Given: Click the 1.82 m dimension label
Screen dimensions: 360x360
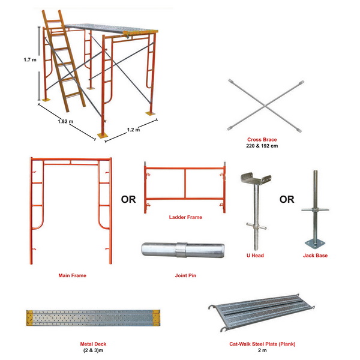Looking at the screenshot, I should pyautogui.click(x=65, y=121).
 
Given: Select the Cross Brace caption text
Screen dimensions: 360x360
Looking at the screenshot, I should pyautogui.click(x=262, y=139).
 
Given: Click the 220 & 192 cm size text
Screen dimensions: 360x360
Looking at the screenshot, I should pyautogui.click(x=262, y=146).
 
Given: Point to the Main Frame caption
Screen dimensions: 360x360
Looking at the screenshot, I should pyautogui.click(x=71, y=275).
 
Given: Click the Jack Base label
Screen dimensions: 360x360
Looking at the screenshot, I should pyautogui.click(x=315, y=255).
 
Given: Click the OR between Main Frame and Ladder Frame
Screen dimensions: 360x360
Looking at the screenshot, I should pyautogui.click(x=128, y=199).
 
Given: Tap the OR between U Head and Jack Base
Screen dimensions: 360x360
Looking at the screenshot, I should pyautogui.click(x=286, y=199).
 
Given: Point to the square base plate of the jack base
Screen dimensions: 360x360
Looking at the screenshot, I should pyautogui.click(x=316, y=241).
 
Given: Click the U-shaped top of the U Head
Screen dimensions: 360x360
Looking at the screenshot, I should pyautogui.click(x=255, y=179).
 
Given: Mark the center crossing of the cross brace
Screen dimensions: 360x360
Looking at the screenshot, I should pyautogui.click(x=263, y=104).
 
